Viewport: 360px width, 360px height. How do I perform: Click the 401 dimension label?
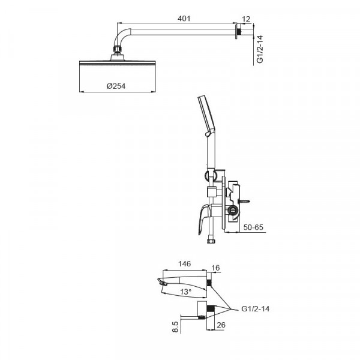[x=184, y=19]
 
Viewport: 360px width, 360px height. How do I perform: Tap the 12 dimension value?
[x=246, y=19]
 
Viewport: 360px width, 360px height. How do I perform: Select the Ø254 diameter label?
[x=116, y=86]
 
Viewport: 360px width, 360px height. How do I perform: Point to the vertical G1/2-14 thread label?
[x=260, y=49]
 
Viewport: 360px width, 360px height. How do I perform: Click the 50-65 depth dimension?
[x=253, y=227]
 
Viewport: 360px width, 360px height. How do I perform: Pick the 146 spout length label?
[x=185, y=264]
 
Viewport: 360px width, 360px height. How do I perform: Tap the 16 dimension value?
[x=215, y=268]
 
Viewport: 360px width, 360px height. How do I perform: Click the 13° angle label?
[x=185, y=292]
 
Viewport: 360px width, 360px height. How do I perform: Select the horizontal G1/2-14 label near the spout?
[x=256, y=309]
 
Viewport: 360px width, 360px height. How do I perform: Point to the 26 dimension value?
[x=221, y=325]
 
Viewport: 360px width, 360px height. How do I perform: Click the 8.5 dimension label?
[x=175, y=327]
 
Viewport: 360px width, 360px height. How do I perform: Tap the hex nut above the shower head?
[x=118, y=49]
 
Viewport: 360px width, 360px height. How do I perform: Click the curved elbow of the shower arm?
[x=121, y=37]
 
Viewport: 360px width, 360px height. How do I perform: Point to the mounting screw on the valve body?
[x=244, y=202]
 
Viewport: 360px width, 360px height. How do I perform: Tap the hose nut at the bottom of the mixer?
[x=211, y=241]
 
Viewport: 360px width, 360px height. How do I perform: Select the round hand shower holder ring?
[x=210, y=176]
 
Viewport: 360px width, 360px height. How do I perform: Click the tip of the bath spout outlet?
[x=158, y=280]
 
